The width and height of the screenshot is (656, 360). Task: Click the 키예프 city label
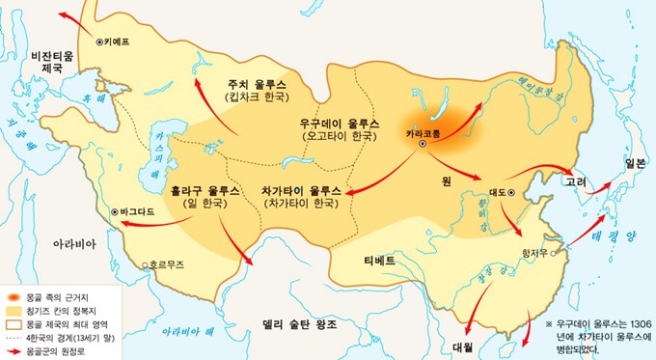tap(118, 42)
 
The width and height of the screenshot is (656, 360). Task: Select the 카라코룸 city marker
tap(423, 144)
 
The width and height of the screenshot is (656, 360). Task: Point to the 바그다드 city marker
tap(115, 210)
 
